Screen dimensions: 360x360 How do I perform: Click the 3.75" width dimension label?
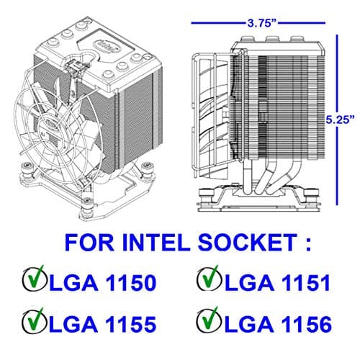click(x=261, y=22)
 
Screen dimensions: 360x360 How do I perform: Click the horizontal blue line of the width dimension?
click(x=216, y=22)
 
